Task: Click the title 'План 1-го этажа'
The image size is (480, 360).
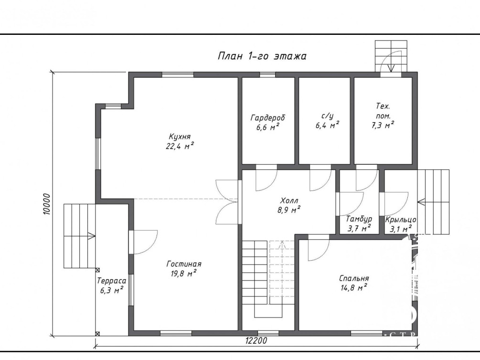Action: tap(262, 56)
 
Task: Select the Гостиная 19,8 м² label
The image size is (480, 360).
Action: tap(184, 268)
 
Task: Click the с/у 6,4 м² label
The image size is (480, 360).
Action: tap(327, 120)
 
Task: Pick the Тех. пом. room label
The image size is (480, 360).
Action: tap(383, 116)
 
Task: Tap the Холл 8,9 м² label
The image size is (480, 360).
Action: tap(289, 205)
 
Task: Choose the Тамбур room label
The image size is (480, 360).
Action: tap(359, 219)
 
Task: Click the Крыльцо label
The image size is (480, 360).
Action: tap(401, 220)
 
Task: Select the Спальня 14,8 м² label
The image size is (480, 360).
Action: tap(354, 283)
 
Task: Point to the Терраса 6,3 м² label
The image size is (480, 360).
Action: tap(111, 286)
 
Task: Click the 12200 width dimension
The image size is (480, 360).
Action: tap(256, 340)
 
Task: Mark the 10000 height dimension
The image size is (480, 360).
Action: tap(46, 204)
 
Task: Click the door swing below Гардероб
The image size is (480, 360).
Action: tap(267, 180)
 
